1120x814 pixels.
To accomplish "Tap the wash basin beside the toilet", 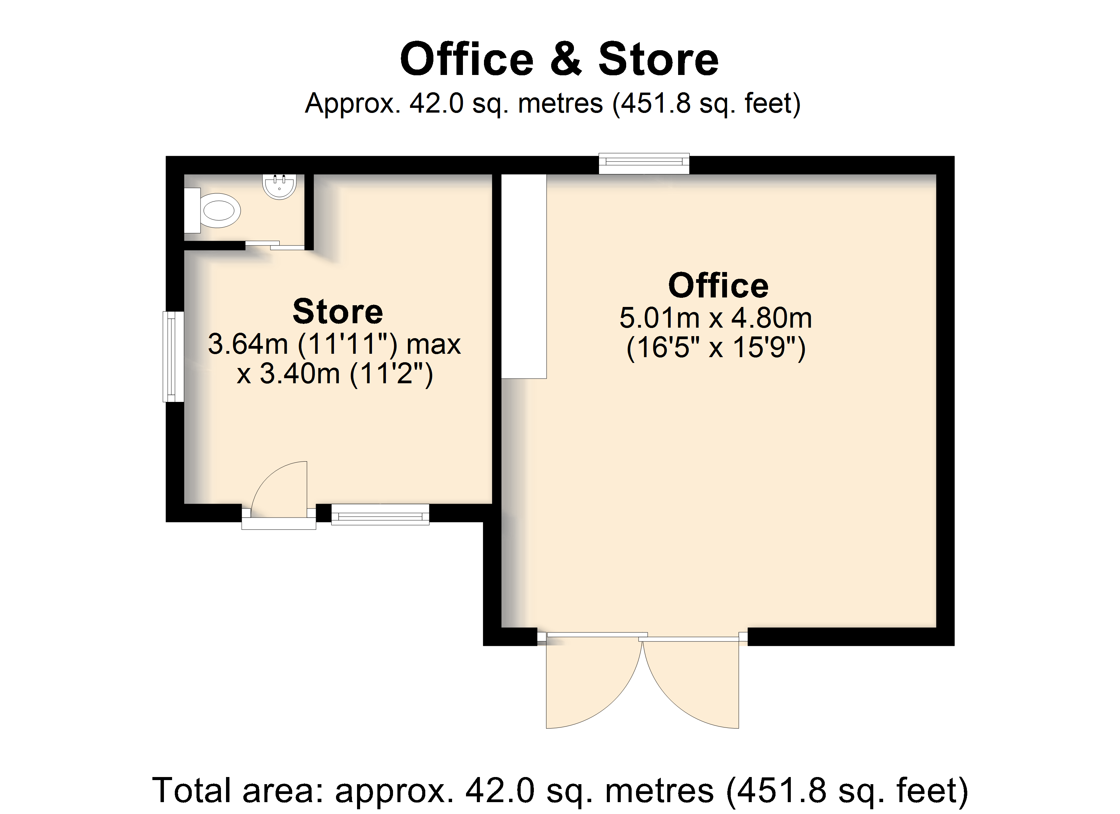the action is pyautogui.click(x=280, y=187).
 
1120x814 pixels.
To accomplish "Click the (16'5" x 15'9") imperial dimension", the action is pyautogui.click(x=716, y=348).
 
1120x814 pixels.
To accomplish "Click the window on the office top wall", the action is pyautogui.click(x=644, y=163).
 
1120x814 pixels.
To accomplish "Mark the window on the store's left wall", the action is pyautogui.click(x=173, y=356).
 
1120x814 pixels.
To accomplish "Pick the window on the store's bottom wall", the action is pyautogui.click(x=380, y=515).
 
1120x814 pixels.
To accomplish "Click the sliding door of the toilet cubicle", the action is pyautogui.click(x=275, y=245).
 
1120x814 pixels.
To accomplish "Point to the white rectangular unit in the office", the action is pyautogui.click(x=524, y=276).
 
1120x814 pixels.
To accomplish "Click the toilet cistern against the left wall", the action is pyautogui.click(x=192, y=210).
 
